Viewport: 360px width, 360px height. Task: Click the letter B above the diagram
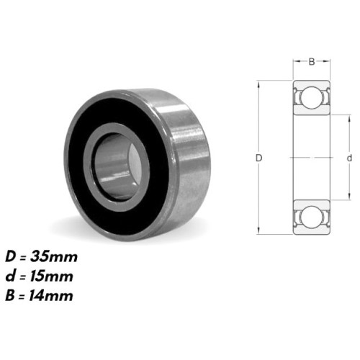pyautogui.click(x=311, y=62)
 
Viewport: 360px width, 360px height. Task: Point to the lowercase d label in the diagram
pyautogui.click(x=348, y=157)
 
